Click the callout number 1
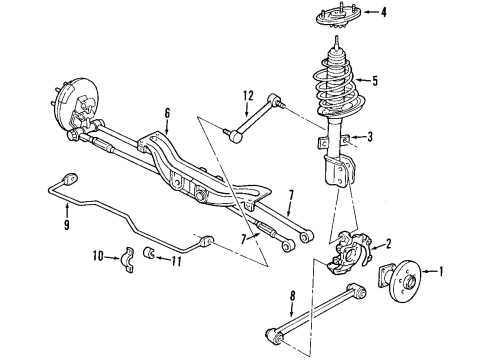coord(445,269)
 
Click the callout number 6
coord(168,114)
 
